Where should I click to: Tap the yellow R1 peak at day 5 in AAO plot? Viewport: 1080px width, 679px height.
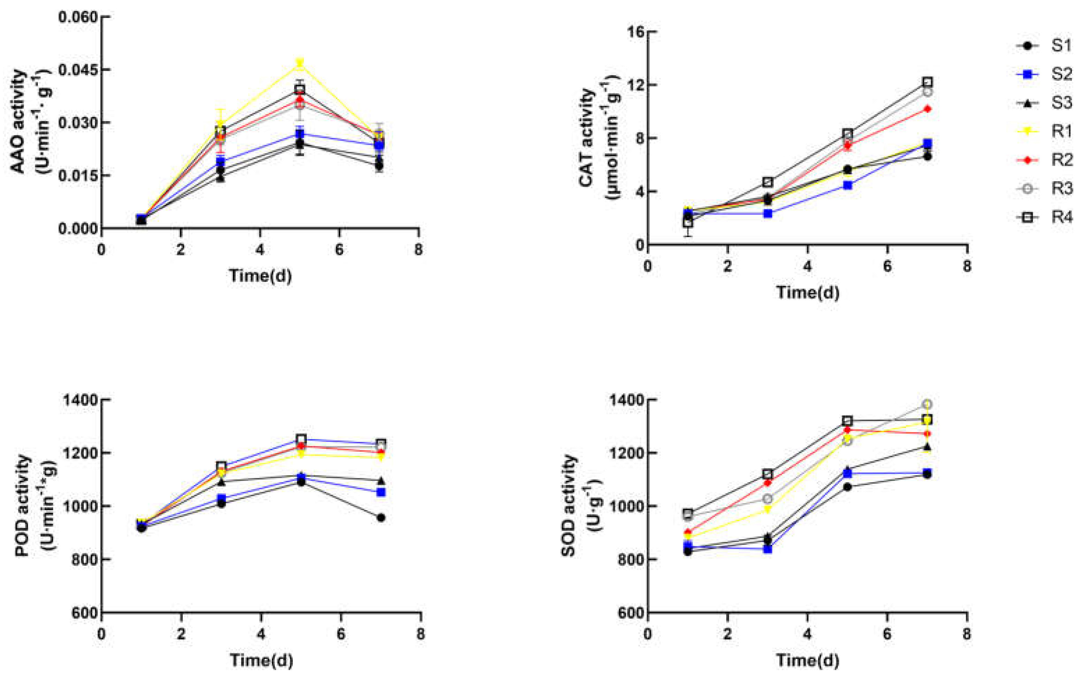point(300,63)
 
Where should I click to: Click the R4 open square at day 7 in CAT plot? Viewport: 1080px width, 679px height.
point(927,82)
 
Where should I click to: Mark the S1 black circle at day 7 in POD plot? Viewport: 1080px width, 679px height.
point(381,518)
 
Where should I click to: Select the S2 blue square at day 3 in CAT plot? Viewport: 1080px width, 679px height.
point(768,213)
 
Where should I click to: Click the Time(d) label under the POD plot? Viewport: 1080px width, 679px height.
point(261,660)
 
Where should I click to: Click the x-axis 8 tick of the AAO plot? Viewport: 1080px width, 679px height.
point(418,250)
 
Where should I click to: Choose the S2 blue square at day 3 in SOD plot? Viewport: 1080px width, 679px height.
point(768,549)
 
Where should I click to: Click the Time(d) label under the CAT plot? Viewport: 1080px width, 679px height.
point(807,292)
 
